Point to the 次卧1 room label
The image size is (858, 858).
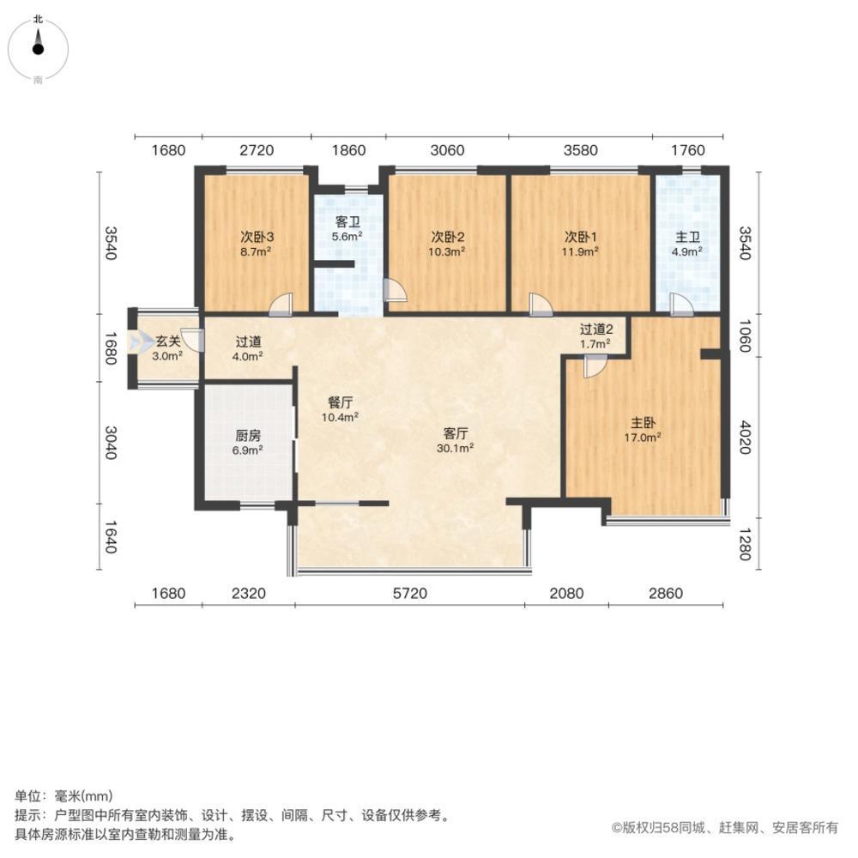pyautogui.click(x=581, y=237)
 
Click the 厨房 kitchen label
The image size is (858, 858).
pyautogui.click(x=248, y=434)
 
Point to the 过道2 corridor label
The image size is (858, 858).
pyautogui.click(x=595, y=329)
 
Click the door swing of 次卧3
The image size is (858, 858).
pyautogui.click(x=281, y=303)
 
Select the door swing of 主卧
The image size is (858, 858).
pyautogui.click(x=594, y=367)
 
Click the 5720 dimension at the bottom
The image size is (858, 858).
pyautogui.click(x=410, y=593)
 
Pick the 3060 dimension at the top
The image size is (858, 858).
pyautogui.click(x=447, y=151)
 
